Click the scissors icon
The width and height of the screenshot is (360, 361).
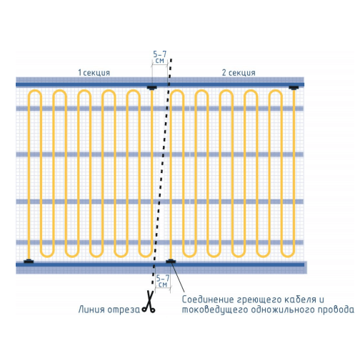tap(149, 302)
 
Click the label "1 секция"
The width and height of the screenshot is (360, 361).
tap(94, 73)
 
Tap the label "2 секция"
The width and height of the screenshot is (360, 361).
tap(239, 73)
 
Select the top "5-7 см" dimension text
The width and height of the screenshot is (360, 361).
tap(159, 57)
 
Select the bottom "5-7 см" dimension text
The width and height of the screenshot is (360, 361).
tap(163, 282)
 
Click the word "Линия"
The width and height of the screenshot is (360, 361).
tap(91, 310)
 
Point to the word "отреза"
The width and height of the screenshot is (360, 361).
tap(124, 310)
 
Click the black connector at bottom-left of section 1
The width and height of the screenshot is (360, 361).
tap(29, 262)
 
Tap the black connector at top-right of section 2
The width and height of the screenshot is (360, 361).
tap(294, 88)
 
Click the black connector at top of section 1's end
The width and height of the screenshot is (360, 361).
tap(151, 88)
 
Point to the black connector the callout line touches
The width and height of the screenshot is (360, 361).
tap(171, 262)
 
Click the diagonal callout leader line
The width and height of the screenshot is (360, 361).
tap(178, 277)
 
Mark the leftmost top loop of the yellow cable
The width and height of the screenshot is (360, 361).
tap(35, 92)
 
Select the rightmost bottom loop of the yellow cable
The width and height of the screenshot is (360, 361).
tap(288, 254)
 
